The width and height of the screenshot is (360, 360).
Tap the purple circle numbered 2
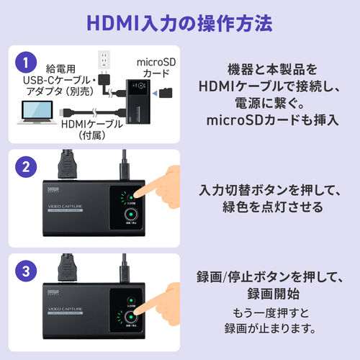click(27, 168)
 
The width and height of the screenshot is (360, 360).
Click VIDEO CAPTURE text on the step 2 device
click(65, 210)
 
